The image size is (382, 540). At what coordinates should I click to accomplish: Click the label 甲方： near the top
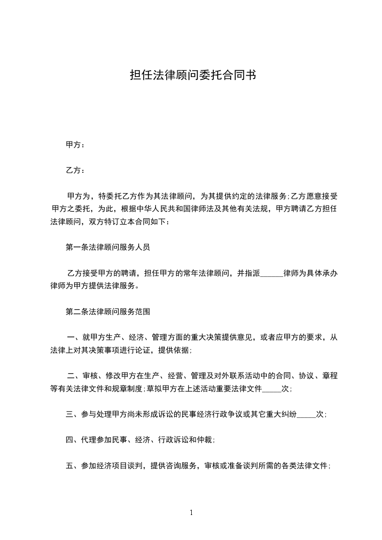(x=75, y=144)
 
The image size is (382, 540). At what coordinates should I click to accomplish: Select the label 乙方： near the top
(x=75, y=170)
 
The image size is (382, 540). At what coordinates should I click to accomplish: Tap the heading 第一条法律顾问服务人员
(x=108, y=248)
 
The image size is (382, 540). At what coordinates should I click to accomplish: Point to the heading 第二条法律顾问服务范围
(x=108, y=312)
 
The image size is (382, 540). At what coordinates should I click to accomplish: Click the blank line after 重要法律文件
(x=271, y=389)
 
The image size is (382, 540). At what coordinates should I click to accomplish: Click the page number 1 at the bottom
(x=191, y=513)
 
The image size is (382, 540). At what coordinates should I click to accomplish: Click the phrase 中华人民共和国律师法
(x=175, y=209)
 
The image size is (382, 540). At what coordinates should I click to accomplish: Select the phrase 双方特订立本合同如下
(x=127, y=222)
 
